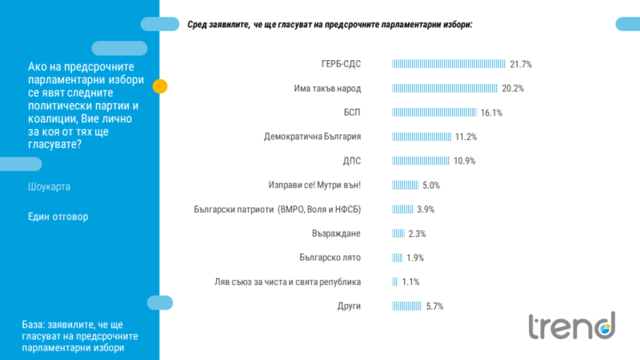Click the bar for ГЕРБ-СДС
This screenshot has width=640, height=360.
click(449, 64)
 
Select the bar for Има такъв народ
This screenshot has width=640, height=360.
click(445, 88)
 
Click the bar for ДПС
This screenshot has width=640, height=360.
click(421, 161)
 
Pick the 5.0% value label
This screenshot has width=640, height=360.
click(431, 186)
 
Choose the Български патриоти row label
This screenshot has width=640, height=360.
click(278, 210)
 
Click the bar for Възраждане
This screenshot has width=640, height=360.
click(398, 234)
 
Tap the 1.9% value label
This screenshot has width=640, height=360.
click(414, 258)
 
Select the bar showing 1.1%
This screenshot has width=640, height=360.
click(394, 282)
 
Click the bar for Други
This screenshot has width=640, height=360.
click(406, 306)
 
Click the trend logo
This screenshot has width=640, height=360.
click(571, 326)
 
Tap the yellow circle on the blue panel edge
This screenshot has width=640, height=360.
click(159, 86)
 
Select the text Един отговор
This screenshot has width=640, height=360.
click(58, 217)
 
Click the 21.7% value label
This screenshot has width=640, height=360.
click(521, 64)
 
